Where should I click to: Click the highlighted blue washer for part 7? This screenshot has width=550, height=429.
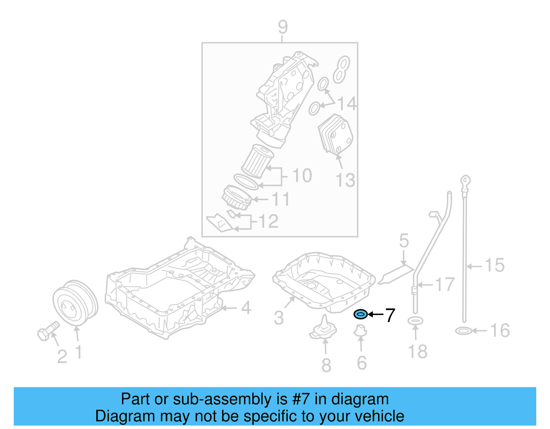[361, 314]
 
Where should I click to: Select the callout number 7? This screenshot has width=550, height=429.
[390, 315]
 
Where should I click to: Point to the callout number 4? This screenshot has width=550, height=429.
[246, 308]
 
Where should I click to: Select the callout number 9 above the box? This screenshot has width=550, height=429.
[283, 27]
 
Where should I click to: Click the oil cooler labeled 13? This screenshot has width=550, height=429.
[335, 134]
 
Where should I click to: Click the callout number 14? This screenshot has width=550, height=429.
[347, 103]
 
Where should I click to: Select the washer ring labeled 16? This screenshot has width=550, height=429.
[463, 331]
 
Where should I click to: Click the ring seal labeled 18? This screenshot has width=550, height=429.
[415, 321]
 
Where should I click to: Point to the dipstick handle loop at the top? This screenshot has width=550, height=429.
[465, 180]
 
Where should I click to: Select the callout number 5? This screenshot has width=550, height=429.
[404, 241]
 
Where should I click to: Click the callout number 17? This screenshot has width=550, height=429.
[445, 284]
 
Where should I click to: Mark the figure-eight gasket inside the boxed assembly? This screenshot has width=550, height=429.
[341, 70]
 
